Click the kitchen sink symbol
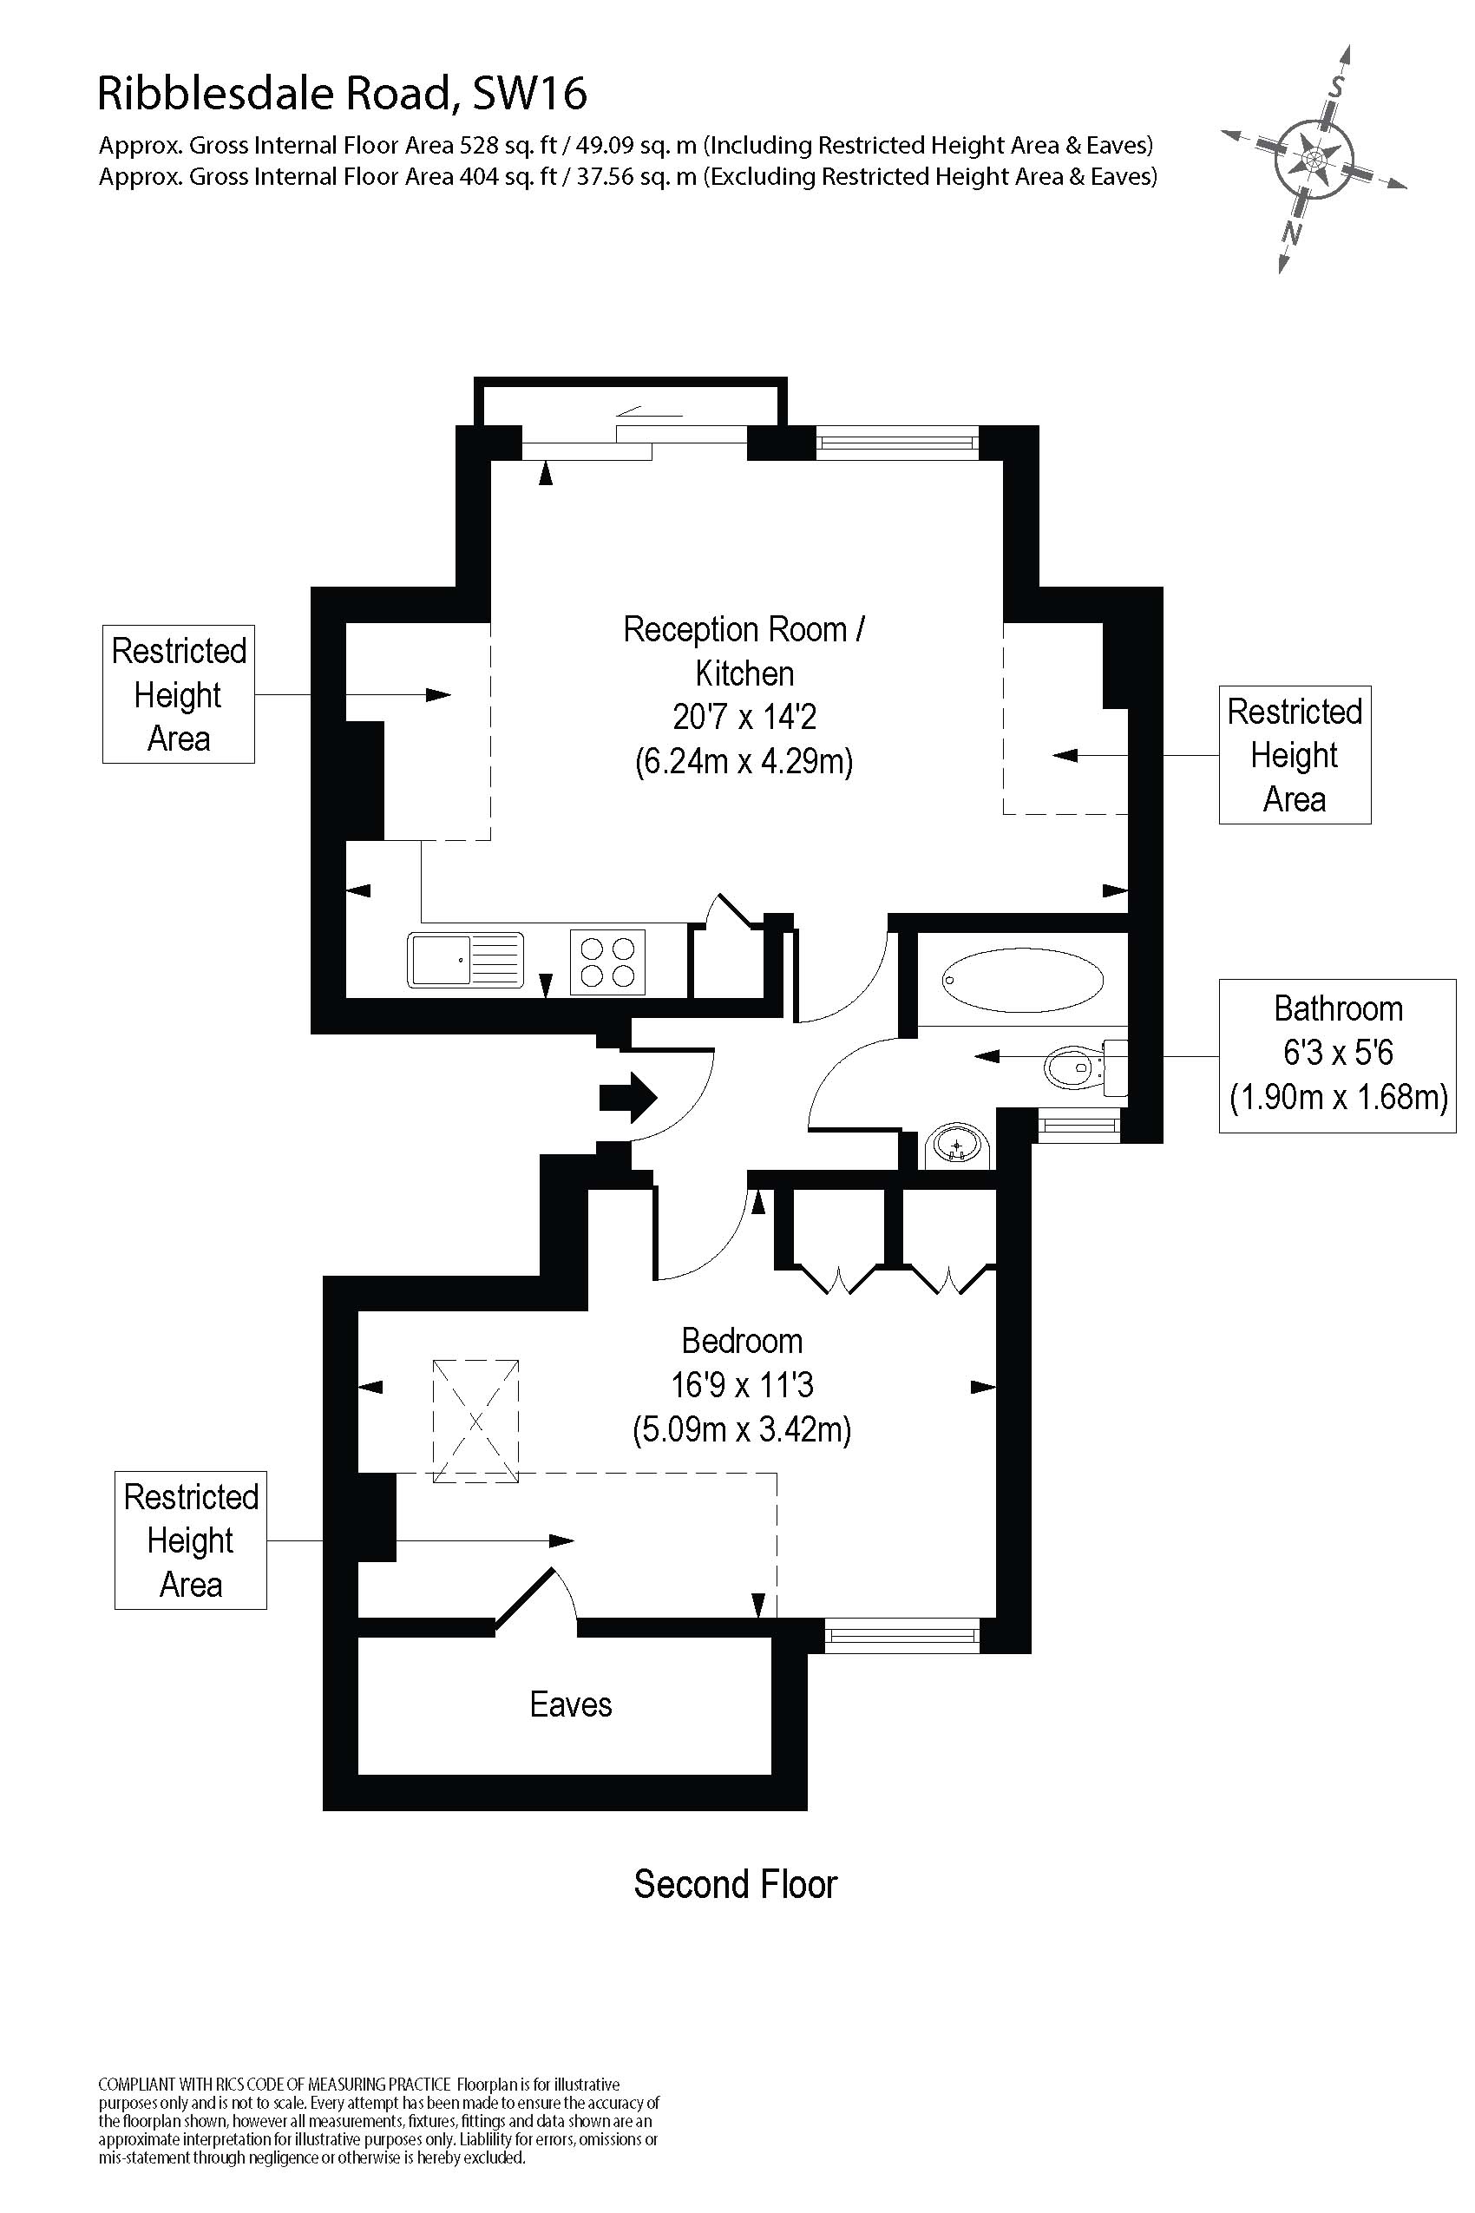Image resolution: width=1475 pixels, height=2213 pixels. (x=465, y=960)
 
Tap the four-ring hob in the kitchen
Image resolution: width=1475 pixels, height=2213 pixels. (x=606, y=962)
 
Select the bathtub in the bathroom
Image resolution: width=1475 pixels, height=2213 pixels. (x=1023, y=980)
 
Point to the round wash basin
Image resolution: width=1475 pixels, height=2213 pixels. (x=958, y=1148)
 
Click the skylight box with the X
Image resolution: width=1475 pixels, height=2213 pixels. (x=475, y=1421)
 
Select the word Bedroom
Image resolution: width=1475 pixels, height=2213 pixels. (x=741, y=1340)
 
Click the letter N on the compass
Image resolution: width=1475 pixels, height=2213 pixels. (x=1293, y=232)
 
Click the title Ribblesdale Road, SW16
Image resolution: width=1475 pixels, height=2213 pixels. (x=343, y=93)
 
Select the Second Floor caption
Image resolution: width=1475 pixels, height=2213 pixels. (x=735, y=1884)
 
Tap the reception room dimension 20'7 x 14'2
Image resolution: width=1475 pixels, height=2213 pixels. (x=744, y=717)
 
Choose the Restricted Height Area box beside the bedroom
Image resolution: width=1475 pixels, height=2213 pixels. (x=190, y=1540)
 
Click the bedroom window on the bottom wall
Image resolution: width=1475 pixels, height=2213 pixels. (x=901, y=1636)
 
